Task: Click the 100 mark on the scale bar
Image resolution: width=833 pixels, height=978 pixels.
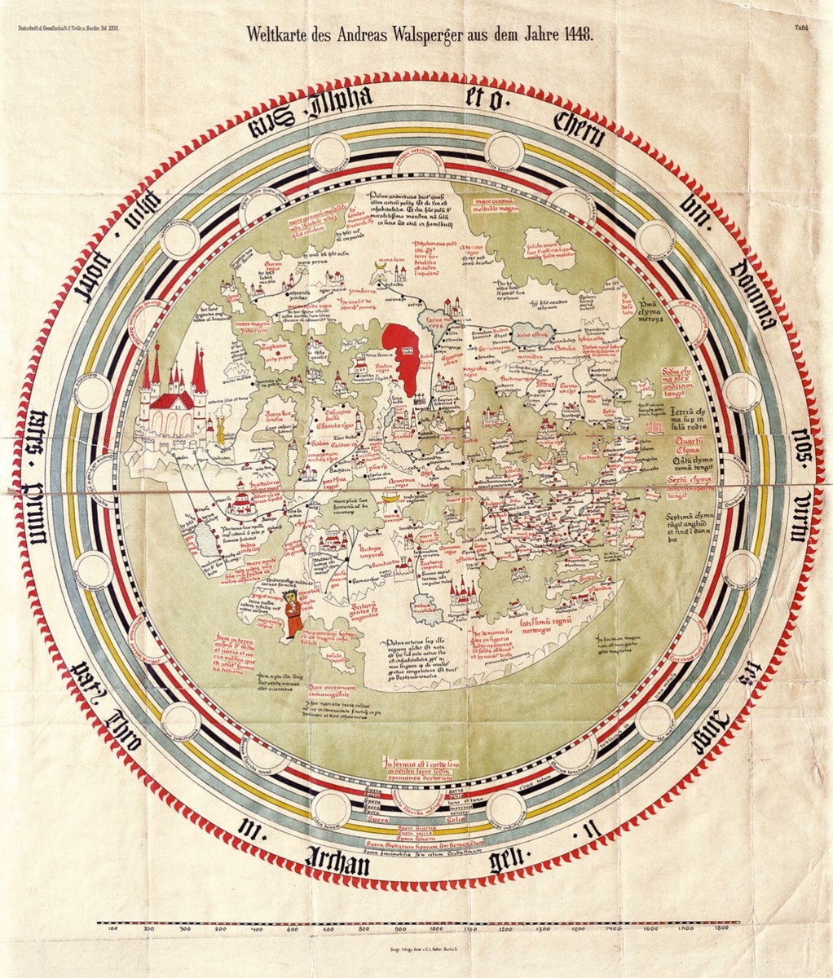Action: (x=113, y=928)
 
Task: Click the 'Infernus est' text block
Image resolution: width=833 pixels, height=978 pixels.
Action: (x=416, y=768)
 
